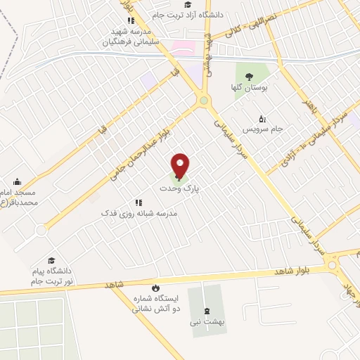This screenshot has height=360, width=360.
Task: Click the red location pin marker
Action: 181,165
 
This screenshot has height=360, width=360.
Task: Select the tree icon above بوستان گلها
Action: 249,77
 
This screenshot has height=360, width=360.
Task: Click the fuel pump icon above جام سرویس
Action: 262,118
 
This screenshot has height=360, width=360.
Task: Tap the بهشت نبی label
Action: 207,321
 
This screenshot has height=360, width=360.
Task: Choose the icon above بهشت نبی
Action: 207,311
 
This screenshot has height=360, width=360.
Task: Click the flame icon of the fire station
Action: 155,288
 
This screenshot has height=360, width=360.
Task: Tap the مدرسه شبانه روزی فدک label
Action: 139,212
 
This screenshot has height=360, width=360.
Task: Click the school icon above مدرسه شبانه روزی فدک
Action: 139,202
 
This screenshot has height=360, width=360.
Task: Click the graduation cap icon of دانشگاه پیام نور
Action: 51,260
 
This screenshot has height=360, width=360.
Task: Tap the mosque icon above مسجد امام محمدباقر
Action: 18,181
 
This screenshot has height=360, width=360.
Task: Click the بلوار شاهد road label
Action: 293,271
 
